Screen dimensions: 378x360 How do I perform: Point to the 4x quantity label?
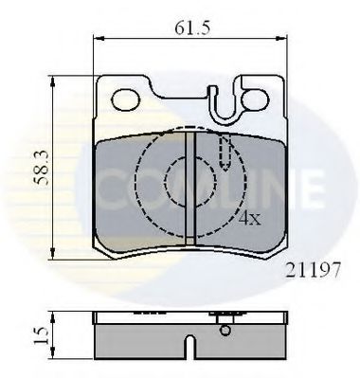[249, 218]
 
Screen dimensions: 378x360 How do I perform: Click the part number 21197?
[312, 269]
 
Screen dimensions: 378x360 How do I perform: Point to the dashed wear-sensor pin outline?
[225, 150]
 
